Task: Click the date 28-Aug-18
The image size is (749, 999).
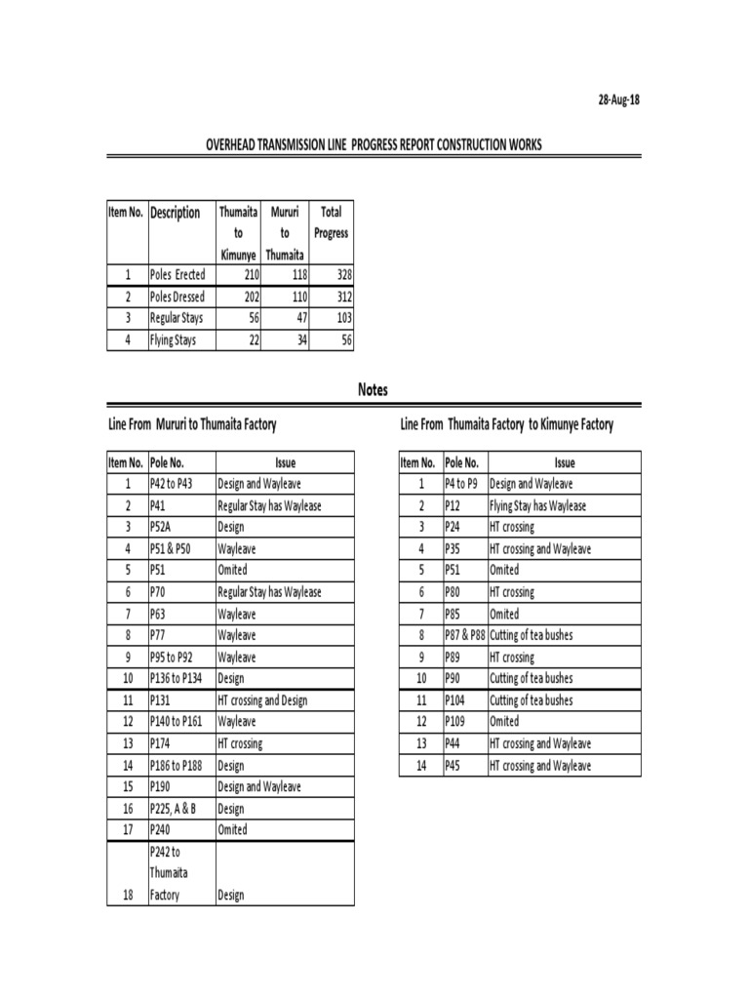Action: click(x=619, y=100)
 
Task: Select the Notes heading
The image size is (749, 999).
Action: click(x=373, y=389)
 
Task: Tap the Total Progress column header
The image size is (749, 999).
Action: click(x=331, y=222)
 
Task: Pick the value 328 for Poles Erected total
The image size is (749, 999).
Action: click(x=340, y=275)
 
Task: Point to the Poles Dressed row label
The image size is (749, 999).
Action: click(x=177, y=297)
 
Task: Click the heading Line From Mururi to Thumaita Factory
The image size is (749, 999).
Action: click(x=192, y=424)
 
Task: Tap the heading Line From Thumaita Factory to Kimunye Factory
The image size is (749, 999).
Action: click(x=506, y=424)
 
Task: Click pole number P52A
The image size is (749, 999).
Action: click(x=164, y=528)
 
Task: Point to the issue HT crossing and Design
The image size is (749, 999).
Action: click(x=261, y=700)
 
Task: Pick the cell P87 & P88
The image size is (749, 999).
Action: click(x=464, y=636)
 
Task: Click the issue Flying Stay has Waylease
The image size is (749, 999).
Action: click(x=537, y=506)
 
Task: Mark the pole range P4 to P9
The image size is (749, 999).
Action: click(x=461, y=485)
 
